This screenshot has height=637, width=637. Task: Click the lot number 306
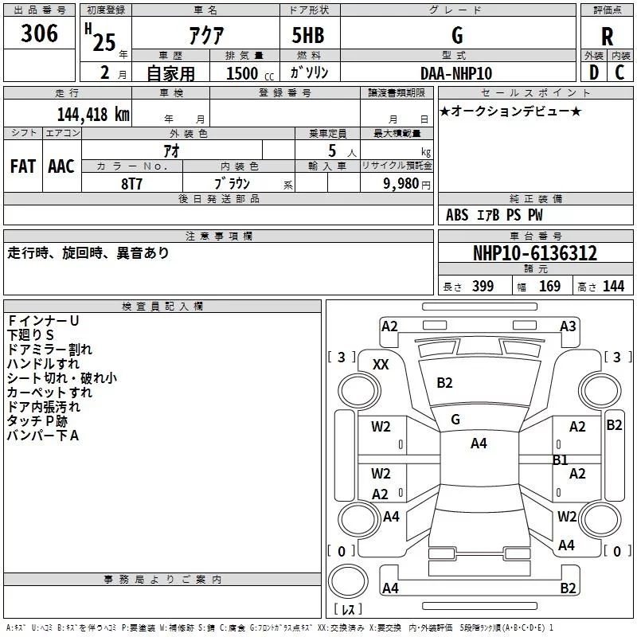[x=40, y=33]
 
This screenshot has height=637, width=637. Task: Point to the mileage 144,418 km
[x=92, y=114]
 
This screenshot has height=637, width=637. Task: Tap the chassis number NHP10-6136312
[x=534, y=253]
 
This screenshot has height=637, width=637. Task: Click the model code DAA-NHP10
[x=456, y=73]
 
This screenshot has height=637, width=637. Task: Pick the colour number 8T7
[x=132, y=183]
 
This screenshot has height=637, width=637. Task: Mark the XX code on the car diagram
[x=381, y=364]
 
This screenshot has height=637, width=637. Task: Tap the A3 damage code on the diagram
[x=568, y=326]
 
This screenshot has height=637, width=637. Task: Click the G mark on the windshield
[x=455, y=419]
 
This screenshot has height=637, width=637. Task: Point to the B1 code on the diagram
[x=561, y=459]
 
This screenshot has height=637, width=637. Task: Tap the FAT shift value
[x=22, y=166]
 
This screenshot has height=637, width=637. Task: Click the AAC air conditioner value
[x=61, y=166]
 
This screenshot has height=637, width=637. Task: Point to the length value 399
[x=483, y=287]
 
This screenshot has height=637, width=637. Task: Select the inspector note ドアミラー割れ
[x=49, y=349]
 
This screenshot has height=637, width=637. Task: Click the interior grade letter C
[x=620, y=72]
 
